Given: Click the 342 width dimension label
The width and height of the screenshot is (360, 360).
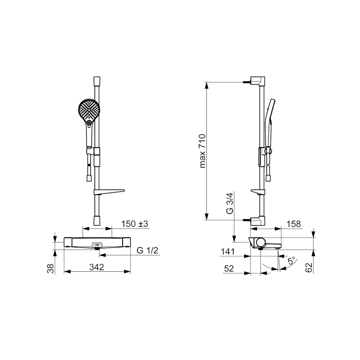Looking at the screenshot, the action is pos(97,267).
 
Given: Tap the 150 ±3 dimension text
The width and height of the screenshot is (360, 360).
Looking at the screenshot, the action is pos(135,224).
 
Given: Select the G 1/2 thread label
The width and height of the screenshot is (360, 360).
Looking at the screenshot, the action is pos(148,250).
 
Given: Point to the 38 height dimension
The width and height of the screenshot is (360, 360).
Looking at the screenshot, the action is pos(51,268).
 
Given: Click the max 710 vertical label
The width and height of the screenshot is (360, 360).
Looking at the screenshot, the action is pos(202,151).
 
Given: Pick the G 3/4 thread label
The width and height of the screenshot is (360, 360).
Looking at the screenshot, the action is pos(230,203).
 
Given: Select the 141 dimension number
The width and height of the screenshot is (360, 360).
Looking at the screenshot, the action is pos(228,252).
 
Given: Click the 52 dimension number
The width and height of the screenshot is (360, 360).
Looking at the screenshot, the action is pos(229,268).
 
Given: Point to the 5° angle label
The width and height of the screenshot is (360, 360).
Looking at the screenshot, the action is pos(291,261).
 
